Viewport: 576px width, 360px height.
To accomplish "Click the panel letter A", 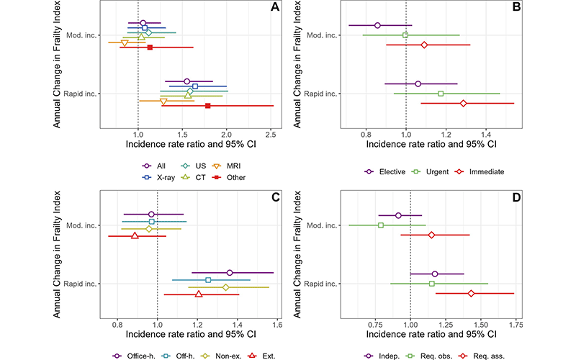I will [x=274, y=9].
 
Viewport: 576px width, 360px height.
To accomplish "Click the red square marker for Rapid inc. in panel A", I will [x=208, y=106].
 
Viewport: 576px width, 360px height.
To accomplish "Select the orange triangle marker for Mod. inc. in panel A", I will [x=125, y=43].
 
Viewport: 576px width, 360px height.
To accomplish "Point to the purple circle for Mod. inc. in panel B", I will [x=377, y=25].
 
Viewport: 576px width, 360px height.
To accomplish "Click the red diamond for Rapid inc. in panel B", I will [x=463, y=104].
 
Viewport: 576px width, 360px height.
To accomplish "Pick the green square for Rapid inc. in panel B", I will [x=441, y=94].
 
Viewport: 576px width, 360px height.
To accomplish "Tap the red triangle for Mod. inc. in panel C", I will [x=135, y=235].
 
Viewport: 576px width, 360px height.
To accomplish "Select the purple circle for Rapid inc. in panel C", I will [x=230, y=272].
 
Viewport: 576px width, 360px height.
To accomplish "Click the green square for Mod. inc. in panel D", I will [x=381, y=225].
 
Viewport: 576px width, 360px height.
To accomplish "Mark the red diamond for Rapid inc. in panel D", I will [x=471, y=294].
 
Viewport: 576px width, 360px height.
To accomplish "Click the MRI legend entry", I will [x=230, y=166].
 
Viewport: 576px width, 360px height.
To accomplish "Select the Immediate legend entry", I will [x=482, y=172].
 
